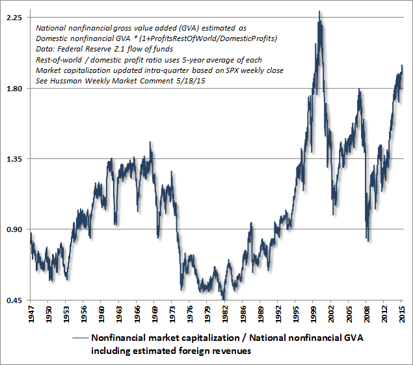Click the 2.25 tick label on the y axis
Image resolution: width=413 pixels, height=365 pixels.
tap(15, 18)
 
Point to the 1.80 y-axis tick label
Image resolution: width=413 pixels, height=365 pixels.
tap(15, 89)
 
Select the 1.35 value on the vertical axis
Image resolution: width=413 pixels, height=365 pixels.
tap(15, 159)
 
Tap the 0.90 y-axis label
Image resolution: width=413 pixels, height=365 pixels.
tap(15, 229)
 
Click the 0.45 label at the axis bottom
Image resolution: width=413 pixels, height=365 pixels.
tap(15, 300)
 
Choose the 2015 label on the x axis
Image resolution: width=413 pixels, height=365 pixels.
tap(402, 314)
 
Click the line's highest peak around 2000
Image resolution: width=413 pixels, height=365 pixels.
tap(319, 11)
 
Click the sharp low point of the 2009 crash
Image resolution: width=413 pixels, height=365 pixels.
tap(368, 241)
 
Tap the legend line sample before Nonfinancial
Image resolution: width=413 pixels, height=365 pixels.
tap(79, 338)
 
